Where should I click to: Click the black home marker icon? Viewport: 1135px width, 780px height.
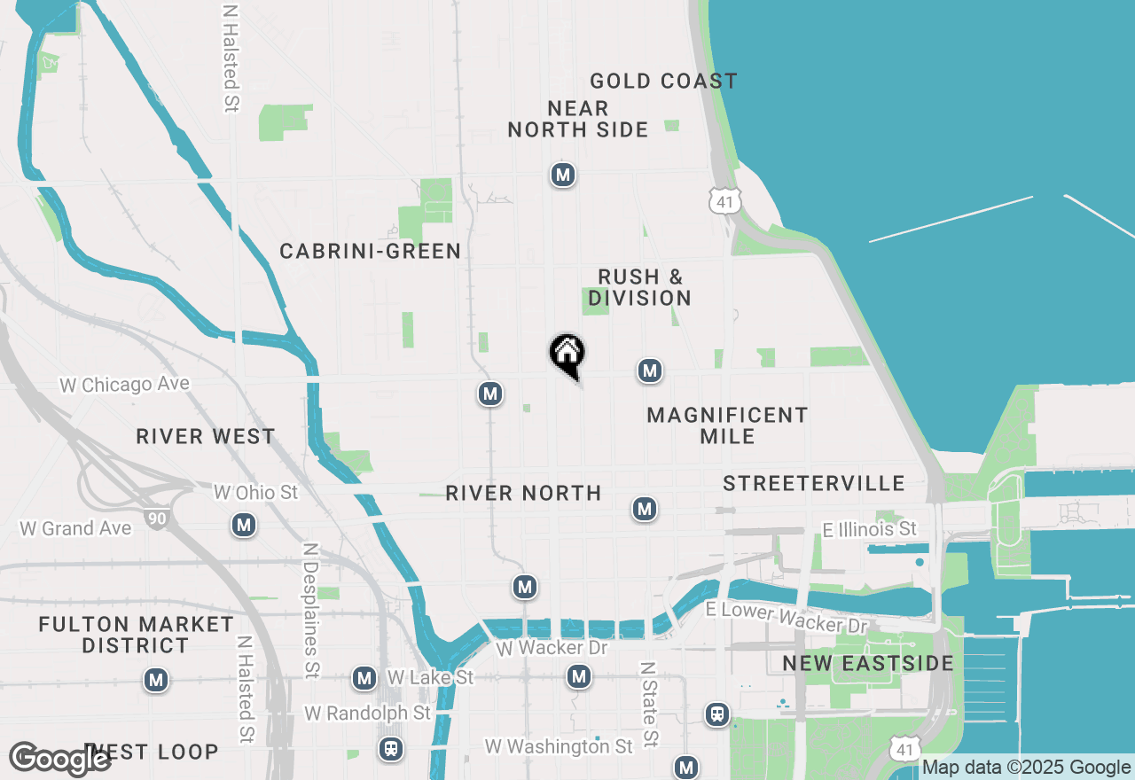click(x=567, y=355)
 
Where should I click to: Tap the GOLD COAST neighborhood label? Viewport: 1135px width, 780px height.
click(x=663, y=82)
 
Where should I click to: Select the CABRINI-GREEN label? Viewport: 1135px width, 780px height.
click(x=370, y=252)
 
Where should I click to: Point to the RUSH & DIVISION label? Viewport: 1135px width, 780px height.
click(x=639, y=288)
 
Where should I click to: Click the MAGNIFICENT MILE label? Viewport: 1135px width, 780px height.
click(x=727, y=425)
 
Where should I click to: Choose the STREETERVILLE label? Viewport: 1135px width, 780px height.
click(x=813, y=484)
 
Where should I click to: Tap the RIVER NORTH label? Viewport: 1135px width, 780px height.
click(x=523, y=494)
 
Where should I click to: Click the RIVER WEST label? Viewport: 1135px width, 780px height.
click(x=206, y=437)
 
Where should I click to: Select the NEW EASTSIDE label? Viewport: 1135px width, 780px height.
click(x=867, y=664)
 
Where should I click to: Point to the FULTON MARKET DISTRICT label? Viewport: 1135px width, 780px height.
click(x=136, y=636)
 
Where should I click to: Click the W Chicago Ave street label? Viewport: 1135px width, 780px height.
click(x=124, y=385)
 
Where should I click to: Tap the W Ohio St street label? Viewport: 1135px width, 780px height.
click(x=256, y=492)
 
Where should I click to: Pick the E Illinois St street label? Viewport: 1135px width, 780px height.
click(x=869, y=529)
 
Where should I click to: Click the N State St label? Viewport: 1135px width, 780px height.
click(x=649, y=703)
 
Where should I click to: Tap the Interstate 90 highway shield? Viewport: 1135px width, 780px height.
click(x=157, y=519)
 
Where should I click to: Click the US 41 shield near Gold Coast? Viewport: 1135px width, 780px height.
click(x=724, y=201)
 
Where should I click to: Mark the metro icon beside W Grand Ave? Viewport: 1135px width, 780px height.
click(x=244, y=526)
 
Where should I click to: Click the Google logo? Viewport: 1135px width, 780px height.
click(x=59, y=759)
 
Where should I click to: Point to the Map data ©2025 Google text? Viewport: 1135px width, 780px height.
click(x=1026, y=768)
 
